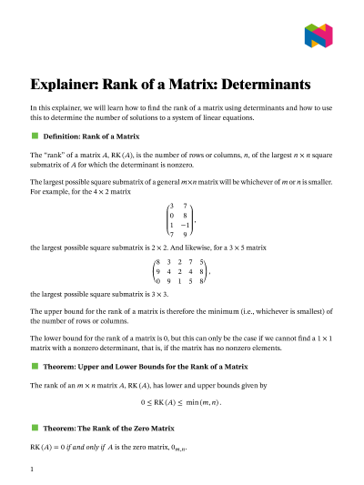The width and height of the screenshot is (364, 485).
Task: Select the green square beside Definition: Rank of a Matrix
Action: (35, 135)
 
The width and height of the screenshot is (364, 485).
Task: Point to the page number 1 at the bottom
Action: (32, 470)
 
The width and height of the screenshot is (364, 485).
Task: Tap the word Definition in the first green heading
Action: (64, 135)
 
